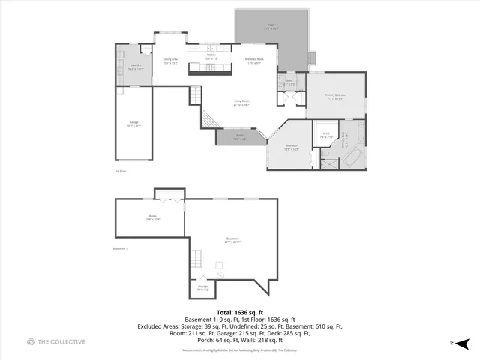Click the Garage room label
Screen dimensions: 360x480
(134, 125)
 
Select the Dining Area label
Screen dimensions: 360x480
(170, 60)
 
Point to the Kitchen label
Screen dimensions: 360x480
(211, 56)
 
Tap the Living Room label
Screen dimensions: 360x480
(241, 103)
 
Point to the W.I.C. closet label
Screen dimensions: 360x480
(325, 136)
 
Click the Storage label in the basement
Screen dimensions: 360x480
(202, 286)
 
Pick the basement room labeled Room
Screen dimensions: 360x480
(152, 218)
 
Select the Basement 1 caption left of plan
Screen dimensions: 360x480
(121, 248)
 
